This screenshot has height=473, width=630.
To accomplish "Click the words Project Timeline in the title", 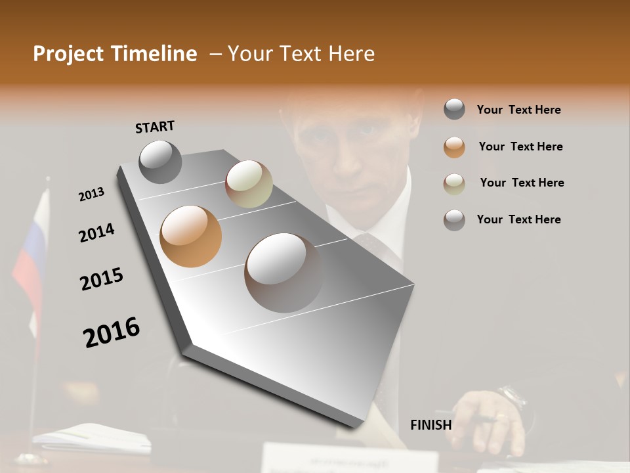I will tap(115, 54).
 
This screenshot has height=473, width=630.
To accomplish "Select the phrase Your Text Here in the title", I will tap(301, 54).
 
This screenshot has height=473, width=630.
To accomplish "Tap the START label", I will tap(155, 127).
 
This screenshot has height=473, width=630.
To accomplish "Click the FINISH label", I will tap(430, 425).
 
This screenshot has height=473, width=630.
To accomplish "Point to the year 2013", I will tap(91, 194).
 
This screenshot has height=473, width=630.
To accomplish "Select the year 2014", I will tap(96, 233).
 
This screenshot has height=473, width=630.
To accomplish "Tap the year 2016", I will tap(112, 332).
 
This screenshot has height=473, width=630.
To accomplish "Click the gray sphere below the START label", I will tap(160, 162).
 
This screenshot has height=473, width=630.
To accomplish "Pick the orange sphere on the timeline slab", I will tap(190, 236).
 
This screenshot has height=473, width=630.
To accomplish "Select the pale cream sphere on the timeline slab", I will tap(249, 184).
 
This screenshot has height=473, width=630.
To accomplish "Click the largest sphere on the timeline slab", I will tap(283, 272).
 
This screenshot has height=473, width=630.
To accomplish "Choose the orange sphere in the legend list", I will tap(454, 147).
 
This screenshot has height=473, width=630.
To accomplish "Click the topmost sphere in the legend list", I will tap(454, 109).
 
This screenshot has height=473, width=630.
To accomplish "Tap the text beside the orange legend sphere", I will tap(520, 146).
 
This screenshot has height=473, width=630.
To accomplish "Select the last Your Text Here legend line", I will tap(518, 219).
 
